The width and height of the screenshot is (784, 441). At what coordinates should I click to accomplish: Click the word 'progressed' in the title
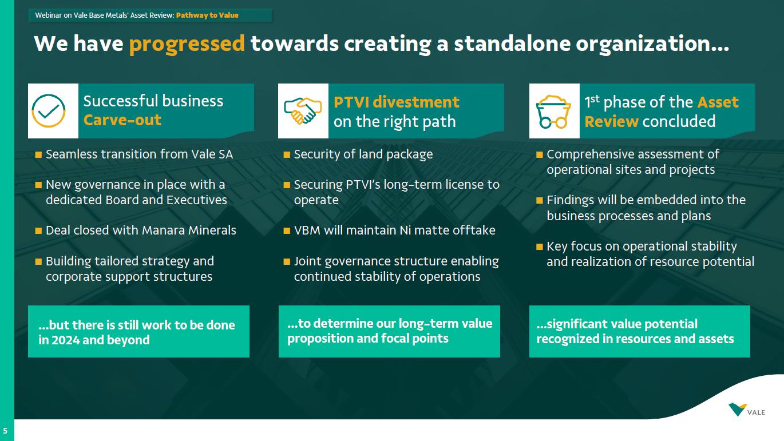tap(187, 44)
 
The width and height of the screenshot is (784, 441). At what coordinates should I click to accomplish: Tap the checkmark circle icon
tap(49, 111)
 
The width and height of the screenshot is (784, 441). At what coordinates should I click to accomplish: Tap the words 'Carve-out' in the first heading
tap(122, 121)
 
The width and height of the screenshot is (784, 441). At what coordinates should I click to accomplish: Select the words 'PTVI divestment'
tap(396, 102)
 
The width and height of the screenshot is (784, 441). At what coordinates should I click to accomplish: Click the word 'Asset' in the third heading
tap(718, 102)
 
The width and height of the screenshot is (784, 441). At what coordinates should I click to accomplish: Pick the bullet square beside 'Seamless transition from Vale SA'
tap(38, 154)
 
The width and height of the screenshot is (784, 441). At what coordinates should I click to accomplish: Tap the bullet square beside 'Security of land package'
tap(287, 154)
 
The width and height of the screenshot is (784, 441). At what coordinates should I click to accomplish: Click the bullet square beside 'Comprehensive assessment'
tap(539, 154)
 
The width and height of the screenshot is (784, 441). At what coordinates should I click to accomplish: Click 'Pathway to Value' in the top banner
tap(207, 15)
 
